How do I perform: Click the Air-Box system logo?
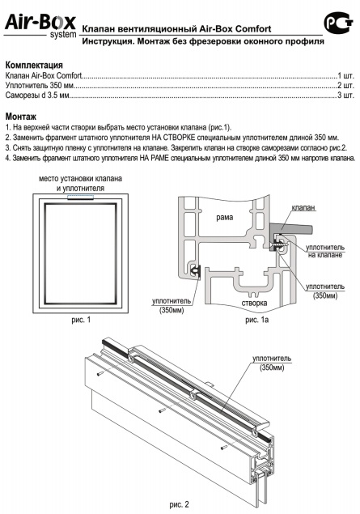point(40,26)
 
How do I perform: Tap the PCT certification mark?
point(338,23)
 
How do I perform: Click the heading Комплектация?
point(34,65)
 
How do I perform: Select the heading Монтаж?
point(21,117)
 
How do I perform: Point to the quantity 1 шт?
point(346,76)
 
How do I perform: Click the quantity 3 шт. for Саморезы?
point(346,96)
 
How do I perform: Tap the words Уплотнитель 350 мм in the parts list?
point(40,86)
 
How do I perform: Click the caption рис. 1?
point(81,320)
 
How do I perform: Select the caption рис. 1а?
point(256,320)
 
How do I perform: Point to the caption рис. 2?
point(179,504)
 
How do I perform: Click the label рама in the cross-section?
point(225,217)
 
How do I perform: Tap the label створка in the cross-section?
point(254,303)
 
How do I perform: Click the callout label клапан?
point(303,207)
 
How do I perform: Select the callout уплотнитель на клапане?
point(325,251)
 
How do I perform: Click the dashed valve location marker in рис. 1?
point(80,197)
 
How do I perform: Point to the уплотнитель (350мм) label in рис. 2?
point(272,363)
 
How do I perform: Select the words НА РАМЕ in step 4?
point(155,158)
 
